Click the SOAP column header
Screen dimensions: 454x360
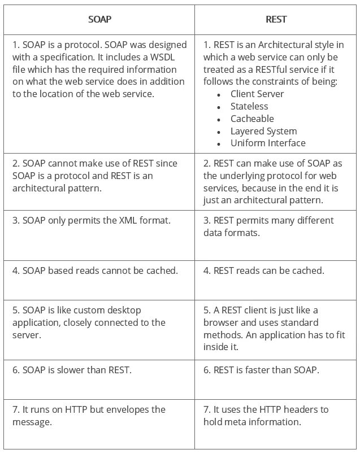99,19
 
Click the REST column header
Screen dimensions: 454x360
276,19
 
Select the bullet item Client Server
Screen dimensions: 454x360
257,94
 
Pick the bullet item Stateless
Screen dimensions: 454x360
249,106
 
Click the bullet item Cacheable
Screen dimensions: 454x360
251,119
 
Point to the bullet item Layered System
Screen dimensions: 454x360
263,131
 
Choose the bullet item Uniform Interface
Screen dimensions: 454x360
267,143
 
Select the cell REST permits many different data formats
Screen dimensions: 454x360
268,226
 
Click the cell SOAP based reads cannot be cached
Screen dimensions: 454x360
95,270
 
